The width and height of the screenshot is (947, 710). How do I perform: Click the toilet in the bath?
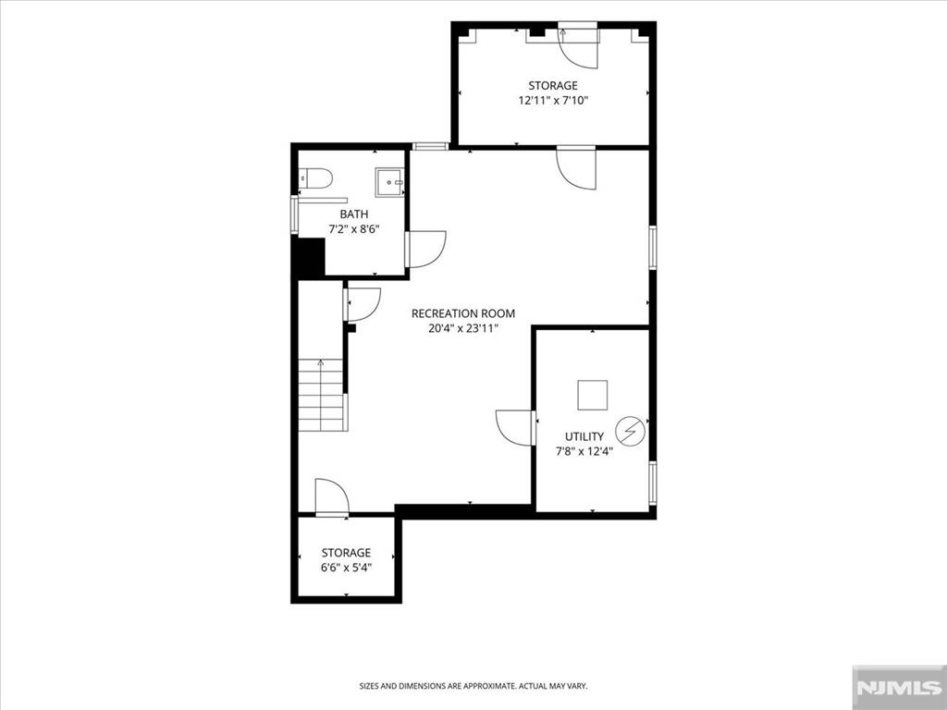[x=316, y=178]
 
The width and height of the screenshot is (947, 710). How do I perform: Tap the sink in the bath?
[x=390, y=182]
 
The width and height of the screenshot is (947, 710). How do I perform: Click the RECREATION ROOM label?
[x=463, y=313]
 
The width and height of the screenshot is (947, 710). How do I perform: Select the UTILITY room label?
[x=584, y=436]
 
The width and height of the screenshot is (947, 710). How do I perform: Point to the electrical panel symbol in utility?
[x=630, y=431]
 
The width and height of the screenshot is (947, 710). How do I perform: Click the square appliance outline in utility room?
[x=592, y=396]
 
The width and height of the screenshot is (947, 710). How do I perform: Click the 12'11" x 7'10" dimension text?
[x=553, y=101]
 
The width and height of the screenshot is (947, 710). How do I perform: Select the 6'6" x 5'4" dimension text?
[x=346, y=568]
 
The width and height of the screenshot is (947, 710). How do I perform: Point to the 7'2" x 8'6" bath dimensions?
[x=354, y=229]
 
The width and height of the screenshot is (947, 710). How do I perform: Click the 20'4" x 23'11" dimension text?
[x=463, y=329]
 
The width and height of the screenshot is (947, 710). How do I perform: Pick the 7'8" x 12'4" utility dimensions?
[x=584, y=451]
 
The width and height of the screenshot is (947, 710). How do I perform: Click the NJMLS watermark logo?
[x=899, y=688]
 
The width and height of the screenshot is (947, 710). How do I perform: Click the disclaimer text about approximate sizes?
[x=473, y=686]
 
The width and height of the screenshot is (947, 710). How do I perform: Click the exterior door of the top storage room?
[x=578, y=45]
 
